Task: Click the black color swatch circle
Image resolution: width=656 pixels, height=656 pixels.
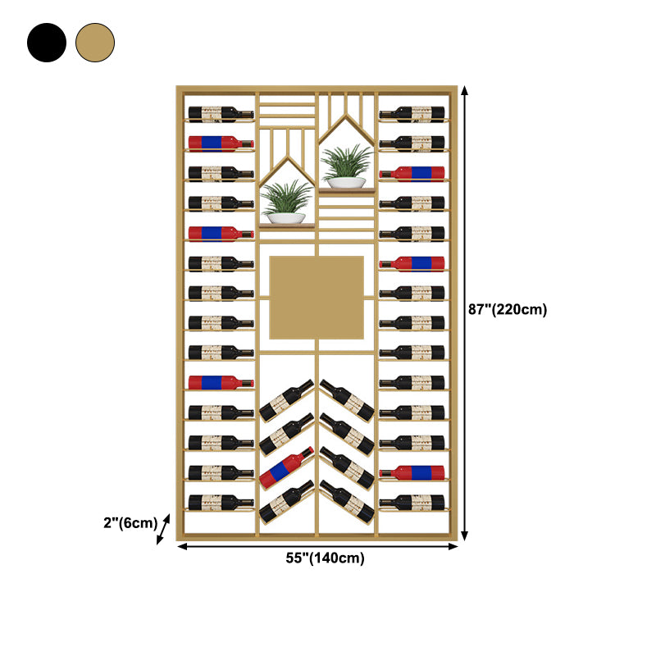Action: (46, 42)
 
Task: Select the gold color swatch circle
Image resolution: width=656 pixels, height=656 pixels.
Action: (95, 42)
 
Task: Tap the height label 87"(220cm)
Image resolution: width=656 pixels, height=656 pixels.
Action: (508, 309)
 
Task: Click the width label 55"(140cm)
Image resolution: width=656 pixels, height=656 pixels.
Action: (325, 558)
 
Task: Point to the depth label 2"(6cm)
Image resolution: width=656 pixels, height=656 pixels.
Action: (130, 522)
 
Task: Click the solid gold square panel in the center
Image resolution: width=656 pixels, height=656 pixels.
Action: (317, 298)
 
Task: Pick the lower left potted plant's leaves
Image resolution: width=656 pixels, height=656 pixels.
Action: (286, 198)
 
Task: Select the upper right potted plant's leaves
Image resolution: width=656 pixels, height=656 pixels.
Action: (347, 160)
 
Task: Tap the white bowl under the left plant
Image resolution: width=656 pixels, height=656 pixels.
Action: (287, 218)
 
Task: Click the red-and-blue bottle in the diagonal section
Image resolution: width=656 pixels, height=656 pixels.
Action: (286, 468)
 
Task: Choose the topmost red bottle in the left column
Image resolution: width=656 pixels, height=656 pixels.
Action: (221, 143)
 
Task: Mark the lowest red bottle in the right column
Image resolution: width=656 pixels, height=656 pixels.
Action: (412, 472)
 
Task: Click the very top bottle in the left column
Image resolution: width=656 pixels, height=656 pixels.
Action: (221, 113)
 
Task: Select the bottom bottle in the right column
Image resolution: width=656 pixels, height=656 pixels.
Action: (412, 502)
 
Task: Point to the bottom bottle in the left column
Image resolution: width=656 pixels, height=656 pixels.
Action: (221, 502)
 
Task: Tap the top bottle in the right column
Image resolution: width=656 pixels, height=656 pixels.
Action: (412, 113)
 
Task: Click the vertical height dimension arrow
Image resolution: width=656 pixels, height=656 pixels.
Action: (465, 312)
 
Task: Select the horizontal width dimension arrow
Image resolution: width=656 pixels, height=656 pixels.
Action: (317, 545)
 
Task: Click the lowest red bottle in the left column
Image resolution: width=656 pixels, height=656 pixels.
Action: (221, 382)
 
